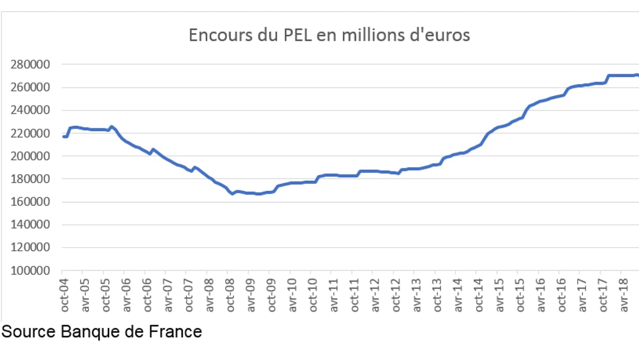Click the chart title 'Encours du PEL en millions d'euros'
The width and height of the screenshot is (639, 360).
(330, 35)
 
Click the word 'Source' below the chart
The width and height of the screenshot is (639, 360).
(29, 332)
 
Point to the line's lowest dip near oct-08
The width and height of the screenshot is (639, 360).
(233, 194)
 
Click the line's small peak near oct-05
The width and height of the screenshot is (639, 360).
(111, 127)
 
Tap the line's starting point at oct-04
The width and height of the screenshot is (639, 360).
(63, 137)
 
